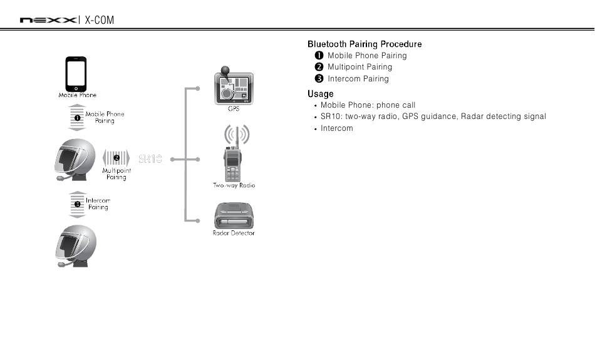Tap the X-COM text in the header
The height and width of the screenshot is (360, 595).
pos(100,20)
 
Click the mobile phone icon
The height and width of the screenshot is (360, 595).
pos(76,73)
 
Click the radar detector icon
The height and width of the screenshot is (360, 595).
pos(234,215)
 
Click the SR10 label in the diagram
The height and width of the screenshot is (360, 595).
pos(150,159)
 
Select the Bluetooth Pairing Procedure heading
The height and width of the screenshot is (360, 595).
pos(365,44)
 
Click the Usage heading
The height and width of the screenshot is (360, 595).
pos(320,94)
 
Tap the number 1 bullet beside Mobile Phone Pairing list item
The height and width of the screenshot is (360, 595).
pos(319,56)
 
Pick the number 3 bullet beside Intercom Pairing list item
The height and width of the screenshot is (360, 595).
pos(319,79)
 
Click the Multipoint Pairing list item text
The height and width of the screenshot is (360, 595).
pos(360,67)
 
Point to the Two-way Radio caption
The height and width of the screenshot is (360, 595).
pos(234,185)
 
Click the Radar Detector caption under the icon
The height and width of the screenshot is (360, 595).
pos(234,234)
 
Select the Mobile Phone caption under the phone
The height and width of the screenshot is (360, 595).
pos(78,95)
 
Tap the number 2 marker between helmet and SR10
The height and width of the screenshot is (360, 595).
pos(116,158)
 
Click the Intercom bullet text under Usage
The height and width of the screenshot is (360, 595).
pos(336,128)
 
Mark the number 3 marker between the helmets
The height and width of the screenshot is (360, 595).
pos(77,204)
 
